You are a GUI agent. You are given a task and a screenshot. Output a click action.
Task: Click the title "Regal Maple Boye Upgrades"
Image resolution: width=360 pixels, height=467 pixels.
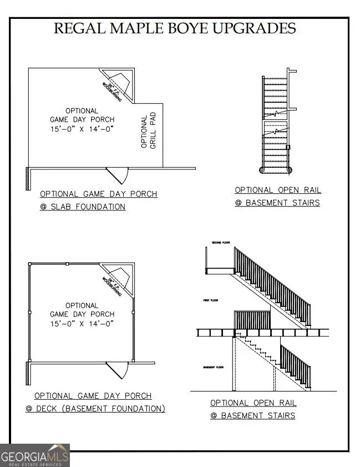coord(174,28)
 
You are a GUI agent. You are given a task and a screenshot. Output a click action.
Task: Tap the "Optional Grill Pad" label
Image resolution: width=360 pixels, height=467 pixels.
coord(148,132)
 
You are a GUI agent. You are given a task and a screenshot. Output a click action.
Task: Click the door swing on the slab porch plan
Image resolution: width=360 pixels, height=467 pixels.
coord(119,175)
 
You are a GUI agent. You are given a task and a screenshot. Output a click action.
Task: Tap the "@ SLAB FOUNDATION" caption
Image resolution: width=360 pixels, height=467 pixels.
coord(83,207)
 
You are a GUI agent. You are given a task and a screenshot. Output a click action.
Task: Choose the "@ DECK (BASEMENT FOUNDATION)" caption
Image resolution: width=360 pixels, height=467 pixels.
coord(95,409)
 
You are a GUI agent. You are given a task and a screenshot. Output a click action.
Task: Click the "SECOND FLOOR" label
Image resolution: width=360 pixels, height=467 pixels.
coord(221,243)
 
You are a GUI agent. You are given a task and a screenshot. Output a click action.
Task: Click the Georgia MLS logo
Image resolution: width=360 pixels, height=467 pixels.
coord(35,455)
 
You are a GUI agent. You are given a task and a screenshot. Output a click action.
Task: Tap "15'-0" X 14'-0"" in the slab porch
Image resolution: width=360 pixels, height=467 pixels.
coord(82,129)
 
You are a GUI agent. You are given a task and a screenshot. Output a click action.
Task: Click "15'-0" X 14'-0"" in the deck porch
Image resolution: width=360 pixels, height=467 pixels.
coord(82,323)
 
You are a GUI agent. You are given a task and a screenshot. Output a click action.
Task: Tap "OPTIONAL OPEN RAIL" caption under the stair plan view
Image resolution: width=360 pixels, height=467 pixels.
coord(277,190)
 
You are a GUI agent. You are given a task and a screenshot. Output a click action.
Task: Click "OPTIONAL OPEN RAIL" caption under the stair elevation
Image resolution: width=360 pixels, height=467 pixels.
coord(253,403)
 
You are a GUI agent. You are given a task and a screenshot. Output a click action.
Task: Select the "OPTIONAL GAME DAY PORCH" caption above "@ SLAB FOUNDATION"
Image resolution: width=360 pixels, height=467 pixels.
coord(98,194)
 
